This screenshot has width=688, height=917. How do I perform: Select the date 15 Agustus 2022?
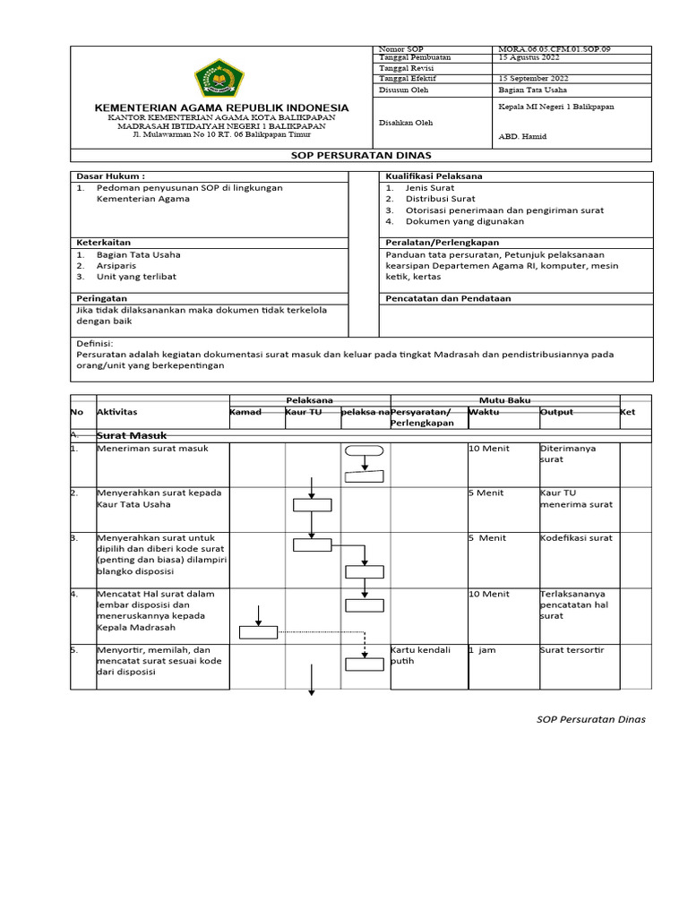[x=528, y=58]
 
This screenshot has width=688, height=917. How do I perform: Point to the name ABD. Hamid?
[x=521, y=137]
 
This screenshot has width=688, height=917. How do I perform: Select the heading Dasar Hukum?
[x=110, y=176]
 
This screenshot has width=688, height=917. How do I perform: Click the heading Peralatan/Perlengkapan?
[x=442, y=243]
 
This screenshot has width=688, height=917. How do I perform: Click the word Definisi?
[x=96, y=343]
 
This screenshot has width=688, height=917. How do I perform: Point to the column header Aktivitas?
[x=116, y=412]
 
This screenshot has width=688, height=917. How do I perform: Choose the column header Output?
[x=555, y=412]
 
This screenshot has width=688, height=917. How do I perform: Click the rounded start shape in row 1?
[x=364, y=451]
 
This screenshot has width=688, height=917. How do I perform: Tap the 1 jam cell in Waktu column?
[x=481, y=650]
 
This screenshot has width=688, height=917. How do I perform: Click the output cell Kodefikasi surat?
[x=576, y=538]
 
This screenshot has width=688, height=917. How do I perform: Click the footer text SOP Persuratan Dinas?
[x=590, y=719]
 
